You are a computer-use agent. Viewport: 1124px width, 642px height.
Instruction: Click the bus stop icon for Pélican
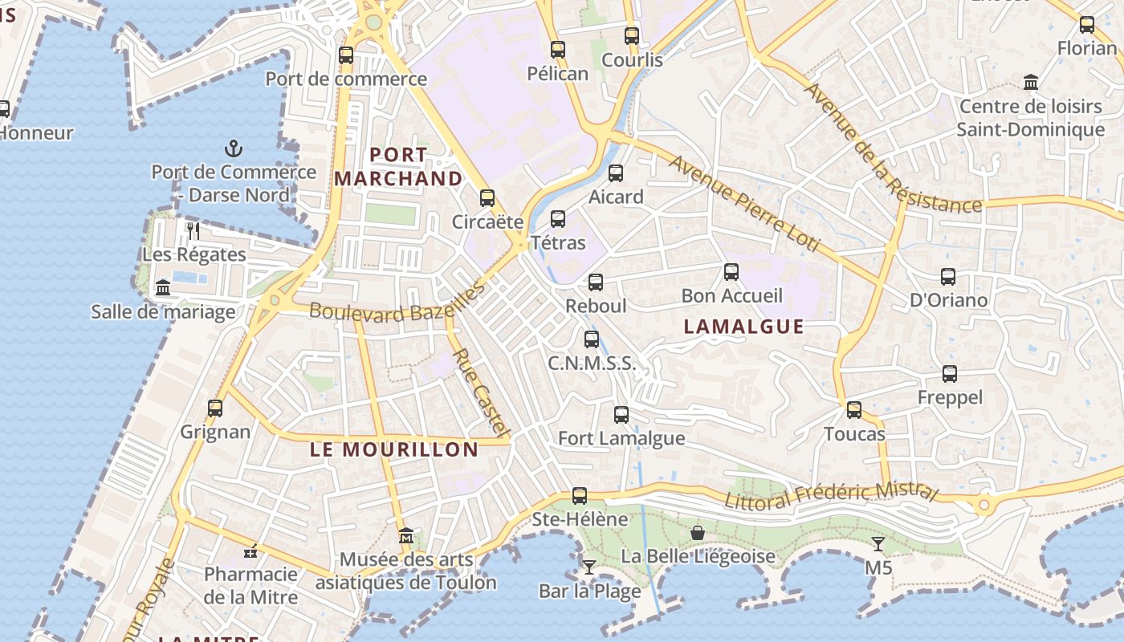(558, 50)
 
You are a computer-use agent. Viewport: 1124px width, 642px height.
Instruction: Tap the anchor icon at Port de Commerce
(233, 148)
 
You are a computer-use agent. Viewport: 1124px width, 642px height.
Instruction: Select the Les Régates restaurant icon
(193, 231)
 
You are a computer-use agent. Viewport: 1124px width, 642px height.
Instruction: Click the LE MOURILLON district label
(394, 449)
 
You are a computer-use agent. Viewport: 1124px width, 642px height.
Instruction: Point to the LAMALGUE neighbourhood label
(743, 326)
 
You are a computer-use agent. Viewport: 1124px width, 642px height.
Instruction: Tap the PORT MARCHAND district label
(398, 166)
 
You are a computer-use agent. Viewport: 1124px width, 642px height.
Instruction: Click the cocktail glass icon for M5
(878, 544)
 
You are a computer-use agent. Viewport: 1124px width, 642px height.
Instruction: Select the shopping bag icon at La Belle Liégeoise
(698, 533)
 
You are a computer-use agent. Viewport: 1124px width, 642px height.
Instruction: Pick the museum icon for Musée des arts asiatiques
(406, 535)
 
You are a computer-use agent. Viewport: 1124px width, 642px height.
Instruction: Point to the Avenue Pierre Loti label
(745, 204)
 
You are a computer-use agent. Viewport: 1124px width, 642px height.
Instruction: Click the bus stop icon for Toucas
(854, 410)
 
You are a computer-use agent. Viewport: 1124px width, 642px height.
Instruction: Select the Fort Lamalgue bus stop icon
(621, 415)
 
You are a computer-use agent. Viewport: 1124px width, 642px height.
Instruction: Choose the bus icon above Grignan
(215, 408)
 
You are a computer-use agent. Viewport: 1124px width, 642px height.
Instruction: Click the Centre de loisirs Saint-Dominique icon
(1031, 82)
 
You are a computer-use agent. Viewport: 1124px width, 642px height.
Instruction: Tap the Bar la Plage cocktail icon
(589, 567)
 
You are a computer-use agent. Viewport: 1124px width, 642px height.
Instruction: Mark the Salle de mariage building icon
(163, 288)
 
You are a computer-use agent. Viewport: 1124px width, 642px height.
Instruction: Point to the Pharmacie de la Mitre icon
(250, 551)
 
